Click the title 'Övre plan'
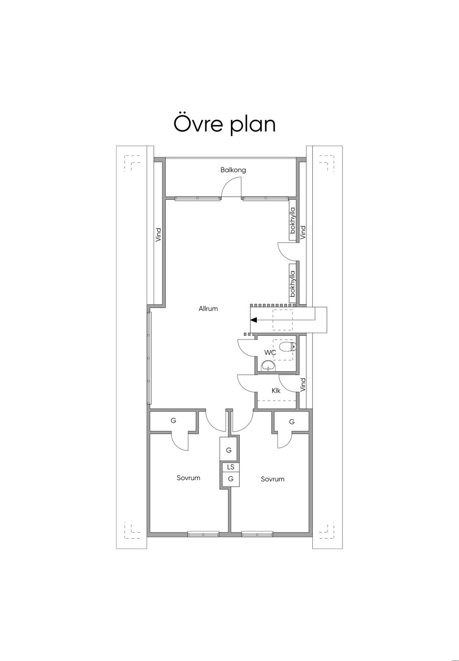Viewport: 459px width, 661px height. click(224, 124)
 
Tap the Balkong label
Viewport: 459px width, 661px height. click(233, 170)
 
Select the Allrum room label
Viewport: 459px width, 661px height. click(208, 309)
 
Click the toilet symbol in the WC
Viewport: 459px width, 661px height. click(287, 347)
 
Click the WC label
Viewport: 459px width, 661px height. click(270, 353)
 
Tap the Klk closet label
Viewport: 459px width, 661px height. click(276, 391)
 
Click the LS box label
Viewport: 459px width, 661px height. click(231, 467)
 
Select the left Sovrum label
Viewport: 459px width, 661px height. click(188, 478)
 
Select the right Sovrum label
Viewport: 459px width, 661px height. click(273, 479)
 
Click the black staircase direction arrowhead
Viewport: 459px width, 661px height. click(254, 320)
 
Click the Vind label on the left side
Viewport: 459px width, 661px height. click(158, 235)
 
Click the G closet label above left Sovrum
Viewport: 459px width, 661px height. click(173, 421)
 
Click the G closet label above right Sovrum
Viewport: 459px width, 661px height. click(292, 422)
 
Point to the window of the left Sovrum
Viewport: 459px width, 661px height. click(203, 534)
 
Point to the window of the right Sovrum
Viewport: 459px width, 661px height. click(257, 534)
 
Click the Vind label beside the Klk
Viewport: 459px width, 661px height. click(303, 384)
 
